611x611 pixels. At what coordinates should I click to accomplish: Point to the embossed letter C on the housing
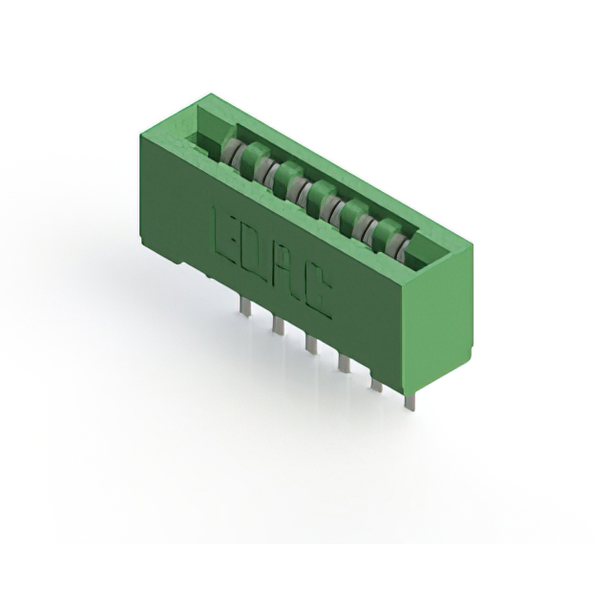coord(317,290)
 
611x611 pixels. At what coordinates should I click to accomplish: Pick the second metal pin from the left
coord(278,325)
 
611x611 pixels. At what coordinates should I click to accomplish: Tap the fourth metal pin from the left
coord(343,363)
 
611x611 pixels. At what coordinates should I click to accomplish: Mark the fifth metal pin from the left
coord(376,382)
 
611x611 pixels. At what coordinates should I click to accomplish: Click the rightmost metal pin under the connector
coord(410,401)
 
